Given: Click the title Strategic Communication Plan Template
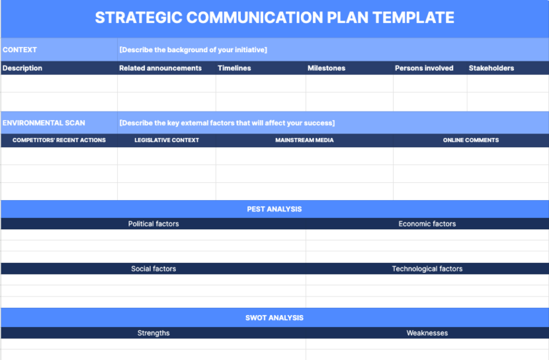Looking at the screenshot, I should (x=274, y=18).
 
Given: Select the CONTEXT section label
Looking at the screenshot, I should (x=20, y=50).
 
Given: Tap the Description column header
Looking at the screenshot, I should (x=22, y=69).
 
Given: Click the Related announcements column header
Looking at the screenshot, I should (x=161, y=69).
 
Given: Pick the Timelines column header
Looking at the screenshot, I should (x=234, y=69).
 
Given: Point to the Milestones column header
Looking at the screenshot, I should (x=326, y=69).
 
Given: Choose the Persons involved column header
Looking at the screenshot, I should (x=424, y=69).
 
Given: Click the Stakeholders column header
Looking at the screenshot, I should (x=491, y=69).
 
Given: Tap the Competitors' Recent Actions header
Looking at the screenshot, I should (x=59, y=141).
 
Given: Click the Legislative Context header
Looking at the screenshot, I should (x=167, y=141).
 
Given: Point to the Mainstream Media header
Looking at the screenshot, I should (x=305, y=141).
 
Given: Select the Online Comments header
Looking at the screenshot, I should (x=471, y=141).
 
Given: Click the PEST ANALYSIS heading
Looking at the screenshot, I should (x=274, y=209).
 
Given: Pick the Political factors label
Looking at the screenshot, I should (x=154, y=224).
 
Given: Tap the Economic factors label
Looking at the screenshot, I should (x=427, y=224).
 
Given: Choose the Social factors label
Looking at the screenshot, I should (x=154, y=269).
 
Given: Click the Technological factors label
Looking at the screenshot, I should (x=427, y=269).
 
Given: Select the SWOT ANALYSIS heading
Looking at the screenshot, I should (x=274, y=318).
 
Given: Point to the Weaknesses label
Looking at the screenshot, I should (x=427, y=334).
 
